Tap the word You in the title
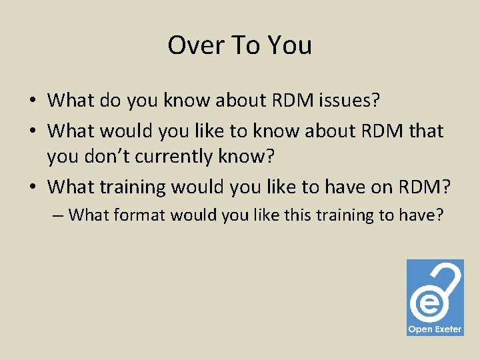pyautogui.click(x=289, y=45)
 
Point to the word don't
pyautogui.click(x=127, y=157)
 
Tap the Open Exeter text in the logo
pyautogui.click(x=435, y=329)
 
